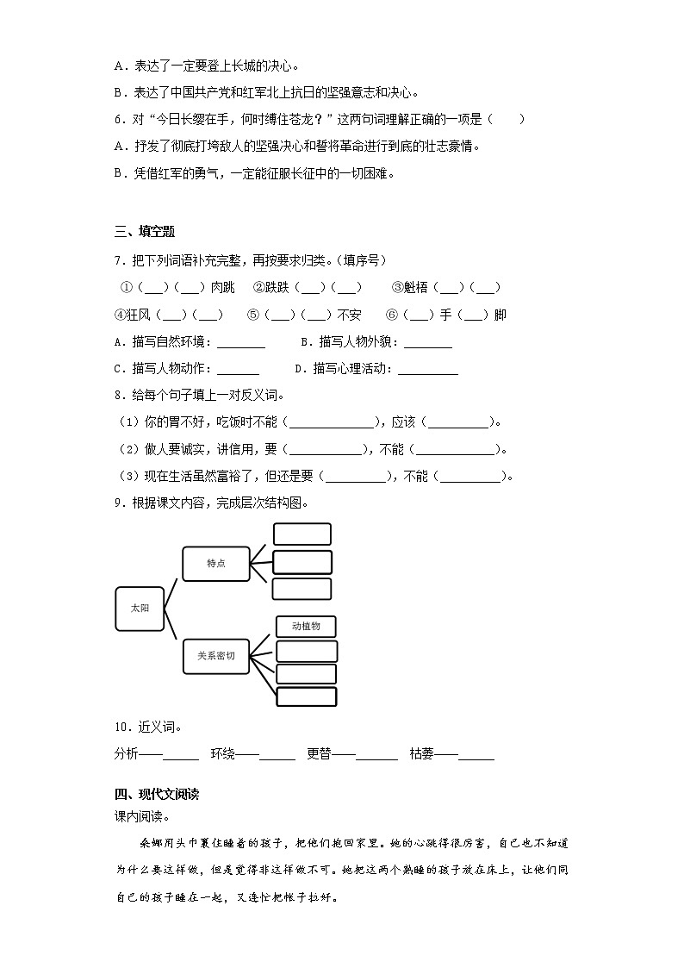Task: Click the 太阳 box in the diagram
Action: pyautogui.click(x=139, y=609)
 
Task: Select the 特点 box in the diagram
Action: pyautogui.click(x=215, y=563)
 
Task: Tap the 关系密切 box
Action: pyautogui.click(x=215, y=656)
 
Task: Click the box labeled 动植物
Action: pyautogui.click(x=306, y=627)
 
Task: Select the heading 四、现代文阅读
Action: pyautogui.click(x=157, y=794)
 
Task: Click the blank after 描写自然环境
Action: pyautogui.click(x=241, y=343)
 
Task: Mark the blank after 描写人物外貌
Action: pyautogui.click(x=427, y=343)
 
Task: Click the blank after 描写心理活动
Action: pyautogui.click(x=428, y=370)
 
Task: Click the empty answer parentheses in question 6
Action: pyautogui.click(x=506, y=120)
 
